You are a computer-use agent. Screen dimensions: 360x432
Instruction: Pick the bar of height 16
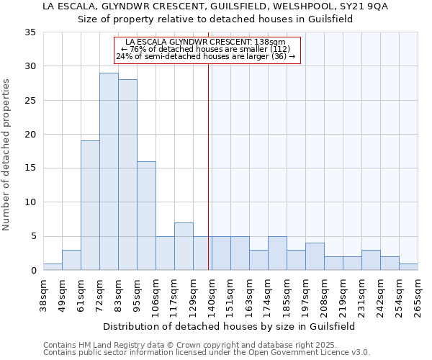coord(146,215)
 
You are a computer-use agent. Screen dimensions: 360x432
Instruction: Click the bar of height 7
coord(184,246)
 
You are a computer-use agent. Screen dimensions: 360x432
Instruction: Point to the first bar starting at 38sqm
coord(53,266)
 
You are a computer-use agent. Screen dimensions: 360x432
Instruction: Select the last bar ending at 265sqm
coord(408,266)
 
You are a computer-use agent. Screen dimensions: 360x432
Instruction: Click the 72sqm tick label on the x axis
coord(100,295)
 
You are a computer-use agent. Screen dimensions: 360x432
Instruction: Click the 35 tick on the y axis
coord(30,32)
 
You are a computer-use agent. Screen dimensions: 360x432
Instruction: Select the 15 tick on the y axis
coord(30,168)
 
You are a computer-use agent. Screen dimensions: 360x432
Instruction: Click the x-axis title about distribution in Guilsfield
coord(230,326)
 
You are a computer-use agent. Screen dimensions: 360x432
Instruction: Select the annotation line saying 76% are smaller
coord(206,49)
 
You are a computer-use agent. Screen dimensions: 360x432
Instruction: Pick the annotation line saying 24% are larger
coord(206,56)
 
